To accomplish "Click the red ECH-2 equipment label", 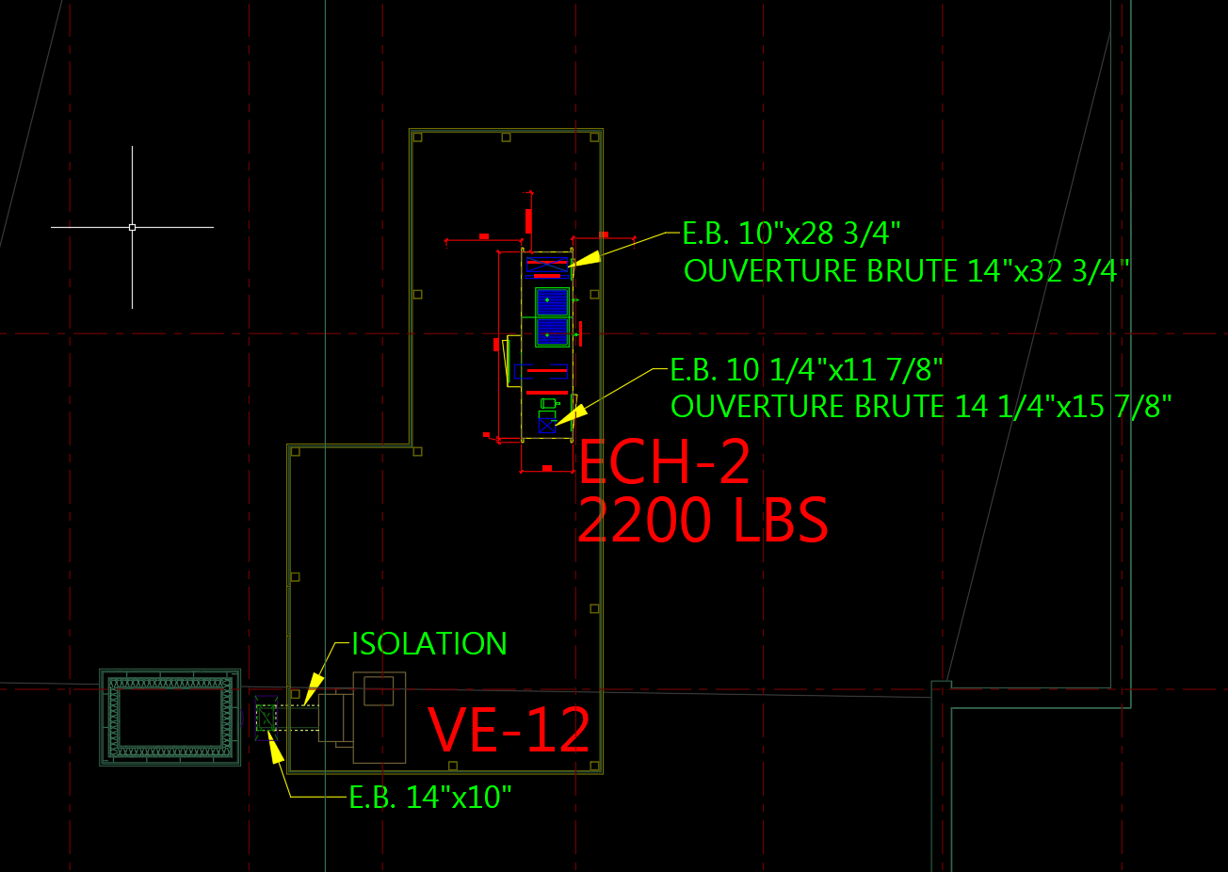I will (665, 461).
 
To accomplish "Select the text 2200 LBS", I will (703, 521).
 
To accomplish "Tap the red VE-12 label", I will (509, 729).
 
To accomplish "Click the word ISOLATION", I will (429, 644).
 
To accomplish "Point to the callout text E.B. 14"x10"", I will (430, 798).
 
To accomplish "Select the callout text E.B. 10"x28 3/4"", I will (792, 233).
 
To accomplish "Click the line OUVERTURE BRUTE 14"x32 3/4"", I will (906, 271).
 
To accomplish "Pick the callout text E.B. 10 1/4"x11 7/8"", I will (806, 369).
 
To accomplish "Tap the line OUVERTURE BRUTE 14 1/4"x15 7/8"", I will (921, 407).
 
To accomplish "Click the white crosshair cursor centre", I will (132, 227).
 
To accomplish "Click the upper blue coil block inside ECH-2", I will (552, 301).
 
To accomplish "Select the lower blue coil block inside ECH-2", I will (552, 332).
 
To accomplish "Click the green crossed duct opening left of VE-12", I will (266, 719).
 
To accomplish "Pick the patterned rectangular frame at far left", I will (170, 717).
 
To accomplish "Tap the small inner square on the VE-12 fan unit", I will (379, 691).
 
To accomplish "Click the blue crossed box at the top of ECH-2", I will (547, 266).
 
